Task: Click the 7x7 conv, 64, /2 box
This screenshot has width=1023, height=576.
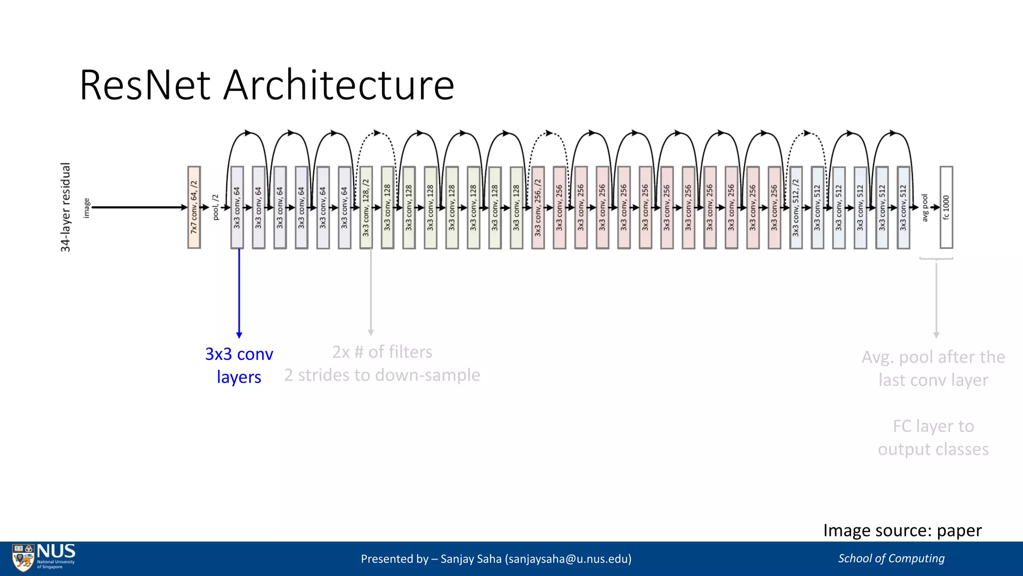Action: pos(194,207)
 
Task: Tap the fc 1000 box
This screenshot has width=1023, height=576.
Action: pos(946,207)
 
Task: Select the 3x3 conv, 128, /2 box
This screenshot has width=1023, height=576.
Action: pos(366,207)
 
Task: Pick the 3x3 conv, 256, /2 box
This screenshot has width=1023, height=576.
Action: pos(537,207)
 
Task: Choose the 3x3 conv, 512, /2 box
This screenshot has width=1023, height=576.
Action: pos(796,207)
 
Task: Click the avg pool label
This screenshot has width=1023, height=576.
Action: pos(925,207)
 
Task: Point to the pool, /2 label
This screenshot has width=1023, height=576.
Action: pos(216,207)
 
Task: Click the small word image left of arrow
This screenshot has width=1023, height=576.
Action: pos(86,207)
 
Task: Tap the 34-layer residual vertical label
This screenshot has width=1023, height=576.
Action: pos(65,207)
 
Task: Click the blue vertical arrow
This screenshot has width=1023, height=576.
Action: pos(239,292)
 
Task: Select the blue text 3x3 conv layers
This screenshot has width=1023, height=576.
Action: pos(239,365)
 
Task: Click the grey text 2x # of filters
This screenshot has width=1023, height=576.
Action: pos(382,352)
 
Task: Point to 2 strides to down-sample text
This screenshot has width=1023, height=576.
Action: pos(382,375)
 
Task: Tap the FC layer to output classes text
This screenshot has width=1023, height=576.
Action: pos(933,437)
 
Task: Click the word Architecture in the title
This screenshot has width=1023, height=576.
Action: pos(339,85)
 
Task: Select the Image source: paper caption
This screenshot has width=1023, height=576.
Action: pos(902,530)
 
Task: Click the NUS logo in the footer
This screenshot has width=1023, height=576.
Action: pos(44,557)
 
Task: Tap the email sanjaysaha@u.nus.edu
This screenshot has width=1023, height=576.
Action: pos(568,558)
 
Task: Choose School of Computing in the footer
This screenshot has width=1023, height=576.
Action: pos(891,558)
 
